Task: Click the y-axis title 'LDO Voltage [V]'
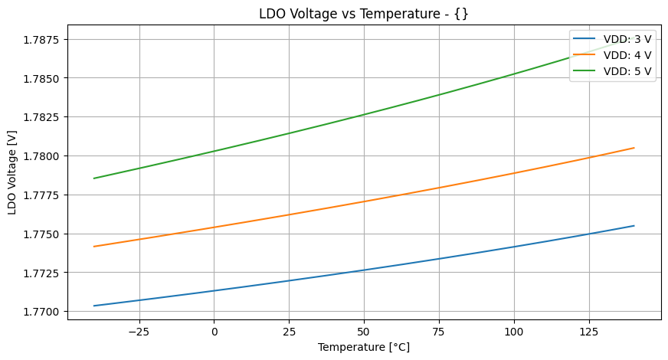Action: [x=12, y=172]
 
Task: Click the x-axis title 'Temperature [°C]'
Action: [x=364, y=347]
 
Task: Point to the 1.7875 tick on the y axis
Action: [x=44, y=39]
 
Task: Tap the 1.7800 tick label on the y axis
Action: [x=44, y=156]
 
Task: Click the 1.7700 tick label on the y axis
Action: [x=44, y=312]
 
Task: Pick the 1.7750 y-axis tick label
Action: [x=44, y=234]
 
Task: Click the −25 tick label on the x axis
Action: [x=139, y=332]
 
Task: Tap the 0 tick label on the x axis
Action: [x=214, y=332]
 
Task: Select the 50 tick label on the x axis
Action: [x=365, y=332]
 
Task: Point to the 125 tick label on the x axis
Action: [x=589, y=332]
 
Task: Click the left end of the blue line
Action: [x=94, y=306]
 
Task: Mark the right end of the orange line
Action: [x=634, y=148]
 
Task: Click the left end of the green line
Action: [x=94, y=178]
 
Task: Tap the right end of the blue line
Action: [x=634, y=225]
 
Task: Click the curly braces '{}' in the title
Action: [x=461, y=14]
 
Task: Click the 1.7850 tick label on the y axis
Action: [x=44, y=78]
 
